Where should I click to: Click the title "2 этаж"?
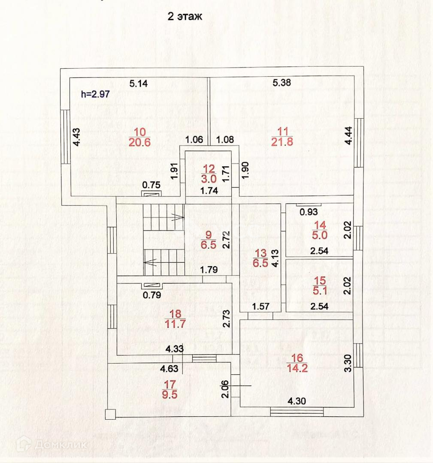185,17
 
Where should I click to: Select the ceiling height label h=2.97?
96,95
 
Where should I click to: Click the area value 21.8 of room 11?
282,142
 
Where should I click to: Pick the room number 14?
320,224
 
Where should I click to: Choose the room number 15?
320,281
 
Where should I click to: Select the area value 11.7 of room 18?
175,324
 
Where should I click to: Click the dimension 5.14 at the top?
139,84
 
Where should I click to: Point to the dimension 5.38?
282,83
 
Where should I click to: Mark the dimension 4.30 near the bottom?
297,402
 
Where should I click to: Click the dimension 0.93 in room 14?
309,211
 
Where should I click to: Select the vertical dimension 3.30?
348,363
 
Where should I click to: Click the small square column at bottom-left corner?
110,414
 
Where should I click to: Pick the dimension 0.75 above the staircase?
151,186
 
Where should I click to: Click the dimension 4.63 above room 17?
170,368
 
